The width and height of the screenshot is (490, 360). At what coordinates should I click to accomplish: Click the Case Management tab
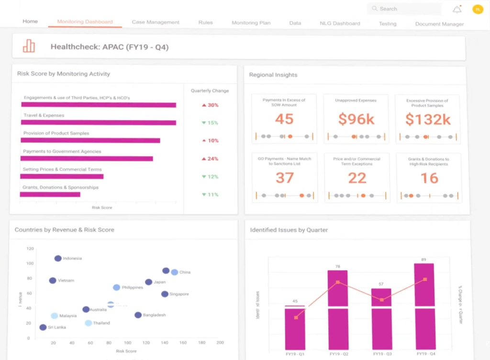point(156,22)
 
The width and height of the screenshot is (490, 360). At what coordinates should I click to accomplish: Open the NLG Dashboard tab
point(340,23)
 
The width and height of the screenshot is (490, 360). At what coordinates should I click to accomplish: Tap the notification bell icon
point(457,10)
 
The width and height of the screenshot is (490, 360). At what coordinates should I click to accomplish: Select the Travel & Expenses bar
point(99,123)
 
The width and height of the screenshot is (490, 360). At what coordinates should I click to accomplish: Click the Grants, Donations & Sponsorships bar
point(50,194)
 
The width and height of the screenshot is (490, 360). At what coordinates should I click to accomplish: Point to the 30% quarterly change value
point(210,105)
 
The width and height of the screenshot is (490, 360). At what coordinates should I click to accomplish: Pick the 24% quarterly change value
point(210,159)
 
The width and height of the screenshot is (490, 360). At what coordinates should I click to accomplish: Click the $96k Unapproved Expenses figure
point(356,119)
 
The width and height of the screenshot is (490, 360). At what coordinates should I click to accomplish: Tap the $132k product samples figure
point(428,120)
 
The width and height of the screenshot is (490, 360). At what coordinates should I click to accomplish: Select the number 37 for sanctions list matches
point(284,178)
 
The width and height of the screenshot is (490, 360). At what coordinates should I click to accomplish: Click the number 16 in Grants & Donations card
point(429,178)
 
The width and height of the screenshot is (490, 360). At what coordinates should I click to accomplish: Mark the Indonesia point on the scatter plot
point(58,258)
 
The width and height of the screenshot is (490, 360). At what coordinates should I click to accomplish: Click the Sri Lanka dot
point(43,327)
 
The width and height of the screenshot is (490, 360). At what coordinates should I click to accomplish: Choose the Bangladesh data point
point(138,315)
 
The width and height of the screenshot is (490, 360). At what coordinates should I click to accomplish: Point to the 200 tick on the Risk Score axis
point(220,343)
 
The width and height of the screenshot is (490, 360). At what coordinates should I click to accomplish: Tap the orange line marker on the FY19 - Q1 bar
point(296,317)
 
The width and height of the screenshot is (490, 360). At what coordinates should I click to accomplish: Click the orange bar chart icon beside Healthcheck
point(29,46)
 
